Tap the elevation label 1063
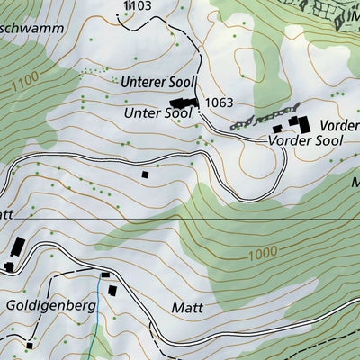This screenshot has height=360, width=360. click(219, 103)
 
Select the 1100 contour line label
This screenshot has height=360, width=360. click(26, 86)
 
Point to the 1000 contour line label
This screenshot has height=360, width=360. click(261, 254)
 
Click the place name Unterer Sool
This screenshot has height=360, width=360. click(157, 83)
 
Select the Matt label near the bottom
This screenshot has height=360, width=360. click(186, 308)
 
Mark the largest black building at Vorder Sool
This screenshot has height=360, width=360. click(301, 123)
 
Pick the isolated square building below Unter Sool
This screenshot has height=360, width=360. click(144, 175)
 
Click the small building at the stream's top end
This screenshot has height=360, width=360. click(105, 274)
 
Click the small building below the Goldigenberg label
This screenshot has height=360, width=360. click(30, 345)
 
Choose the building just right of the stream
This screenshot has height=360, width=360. click(112, 290)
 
